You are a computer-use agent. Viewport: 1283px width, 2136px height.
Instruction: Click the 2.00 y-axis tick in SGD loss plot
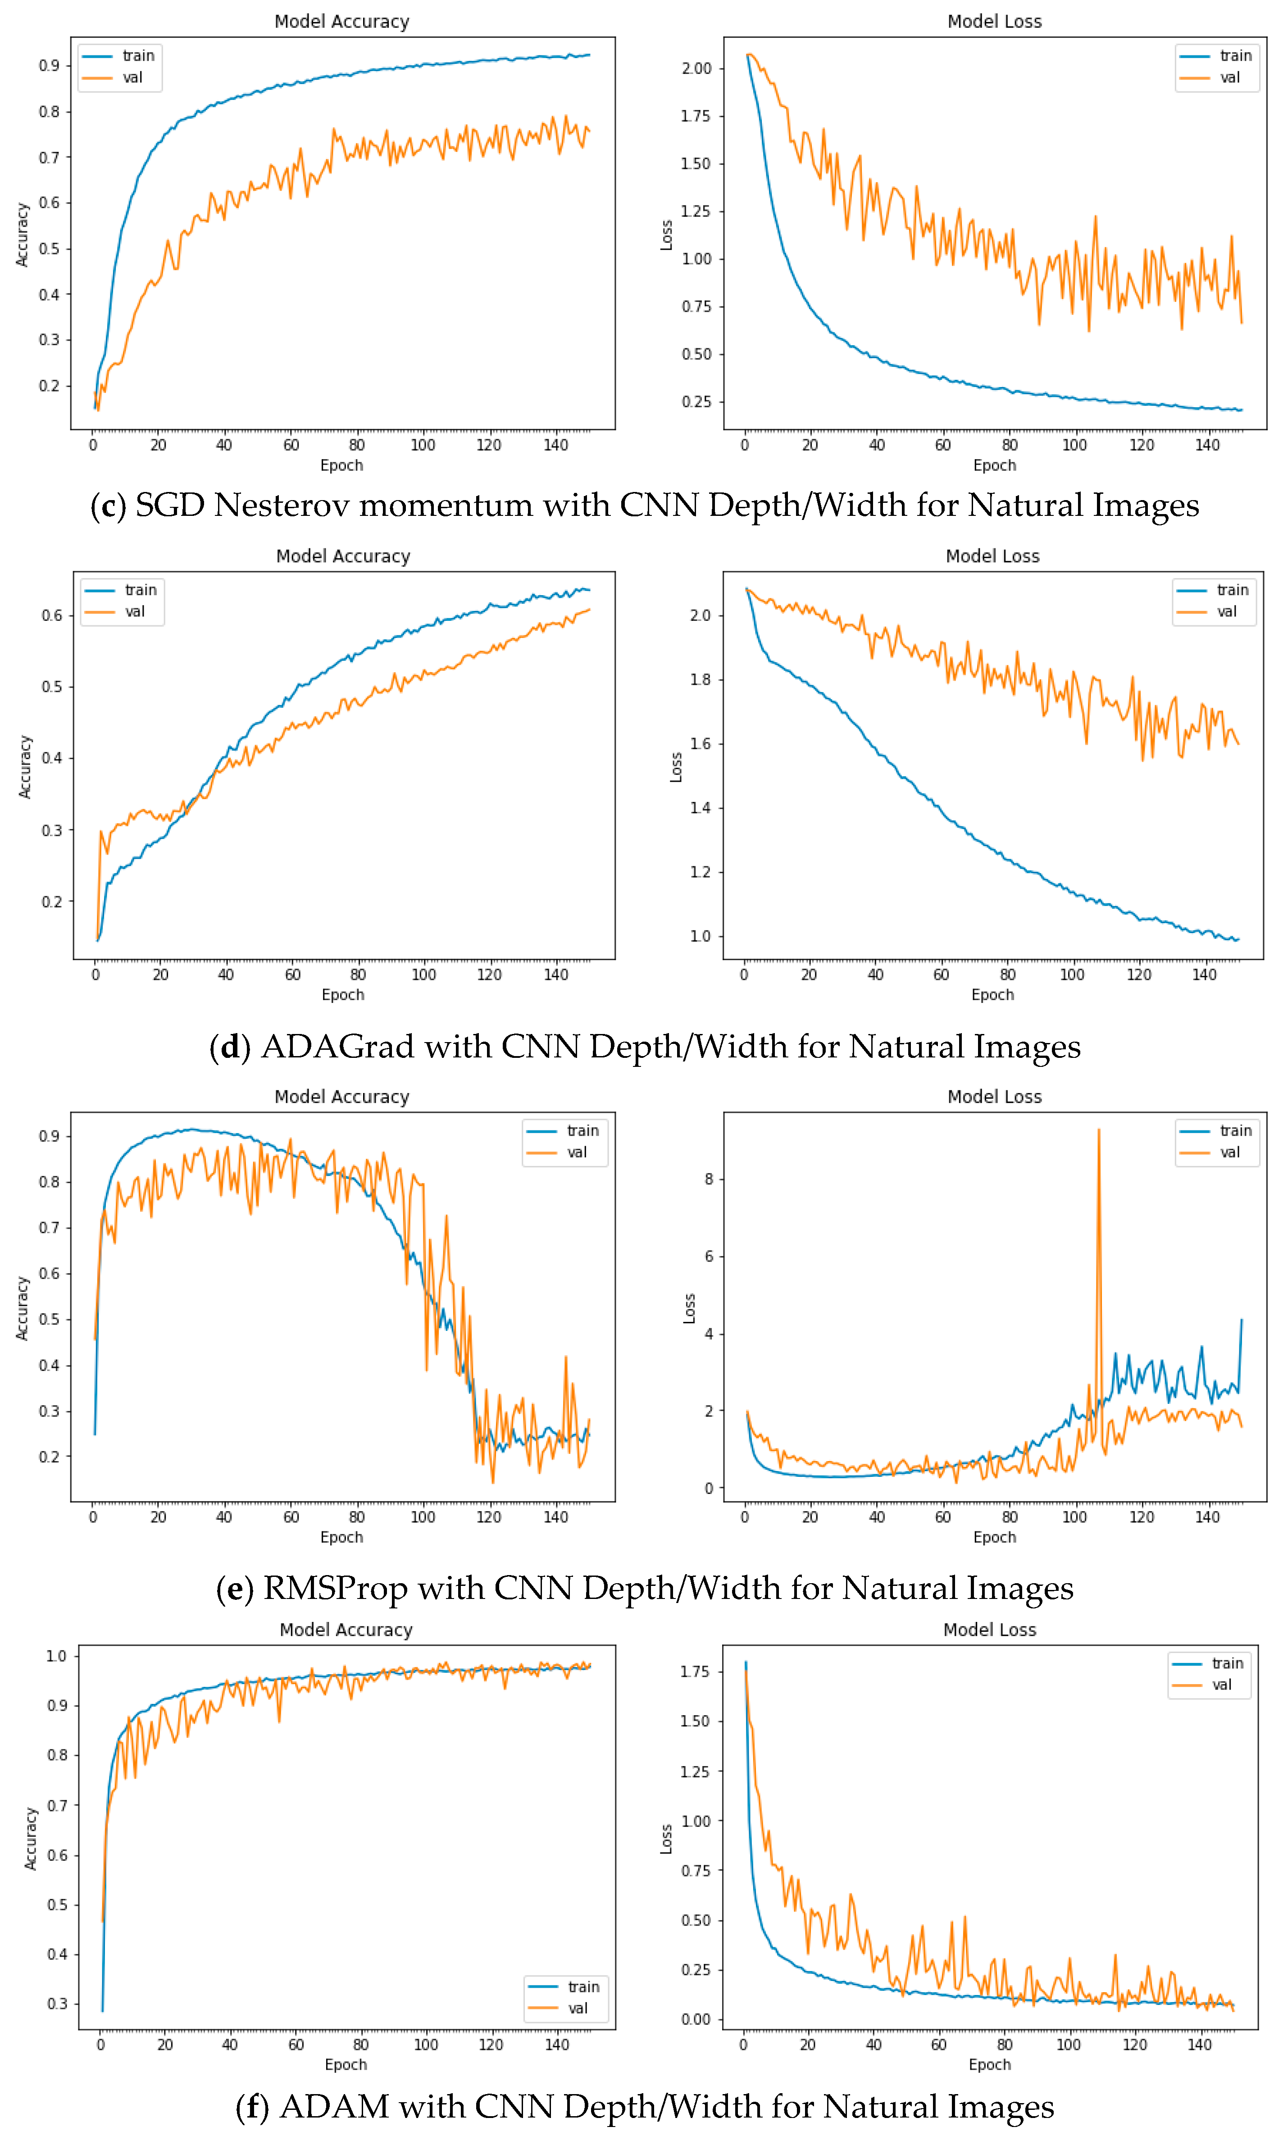pos(696,69)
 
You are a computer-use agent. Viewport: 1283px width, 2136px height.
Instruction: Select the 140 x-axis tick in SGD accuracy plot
pos(556,445)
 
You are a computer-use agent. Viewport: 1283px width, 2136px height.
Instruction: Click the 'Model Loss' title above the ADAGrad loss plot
pos(992,556)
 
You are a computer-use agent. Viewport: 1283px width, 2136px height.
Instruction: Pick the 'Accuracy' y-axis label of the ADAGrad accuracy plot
pos(25,767)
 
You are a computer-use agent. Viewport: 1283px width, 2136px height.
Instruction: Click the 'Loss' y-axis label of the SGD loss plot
pos(666,235)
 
